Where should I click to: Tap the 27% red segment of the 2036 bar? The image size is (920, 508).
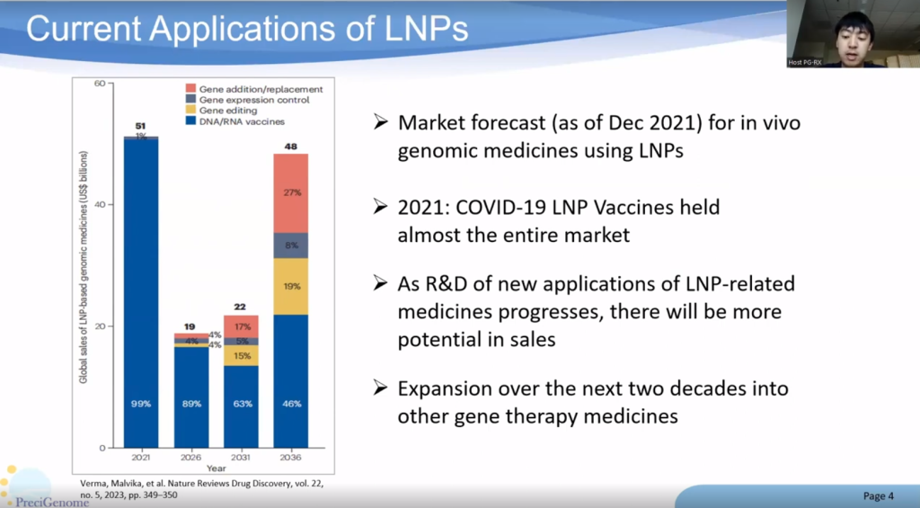(x=290, y=192)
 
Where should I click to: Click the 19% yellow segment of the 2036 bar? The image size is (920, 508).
(x=290, y=286)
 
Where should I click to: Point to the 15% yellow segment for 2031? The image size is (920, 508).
(x=241, y=355)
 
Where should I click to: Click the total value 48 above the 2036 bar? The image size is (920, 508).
(x=290, y=146)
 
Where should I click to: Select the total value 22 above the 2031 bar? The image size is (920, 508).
(x=241, y=307)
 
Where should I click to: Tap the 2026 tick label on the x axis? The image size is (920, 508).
(x=191, y=456)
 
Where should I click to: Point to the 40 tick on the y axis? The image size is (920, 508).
(x=100, y=205)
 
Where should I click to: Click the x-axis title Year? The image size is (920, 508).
(x=216, y=468)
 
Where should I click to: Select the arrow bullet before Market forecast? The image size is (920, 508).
(x=381, y=121)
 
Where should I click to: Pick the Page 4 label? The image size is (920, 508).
(x=878, y=495)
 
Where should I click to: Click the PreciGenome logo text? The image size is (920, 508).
(x=52, y=502)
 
